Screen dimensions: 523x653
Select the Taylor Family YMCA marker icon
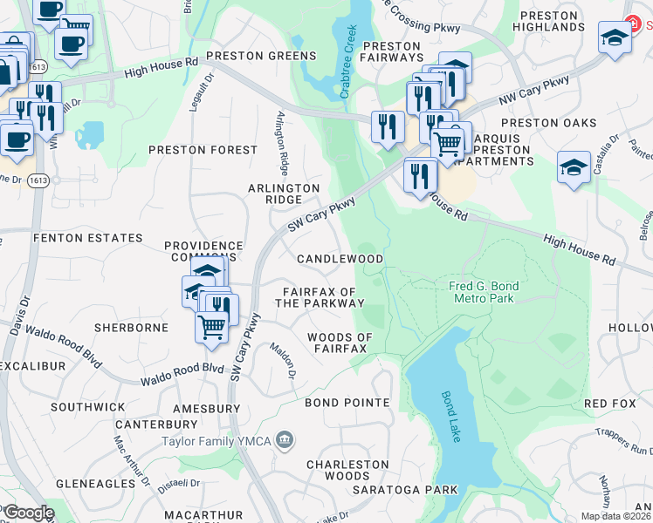pos(285,441)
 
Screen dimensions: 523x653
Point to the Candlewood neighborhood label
pos(340,260)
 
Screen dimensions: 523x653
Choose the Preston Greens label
pos(260,56)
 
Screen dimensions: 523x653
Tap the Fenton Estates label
pos(87,238)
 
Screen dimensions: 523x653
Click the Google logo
pos(28,513)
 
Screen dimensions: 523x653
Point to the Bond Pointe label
pos(347,403)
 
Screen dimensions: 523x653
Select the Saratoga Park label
pos(405,490)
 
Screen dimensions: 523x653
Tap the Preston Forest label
pos(203,150)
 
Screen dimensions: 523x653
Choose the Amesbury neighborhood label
pos(206,408)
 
